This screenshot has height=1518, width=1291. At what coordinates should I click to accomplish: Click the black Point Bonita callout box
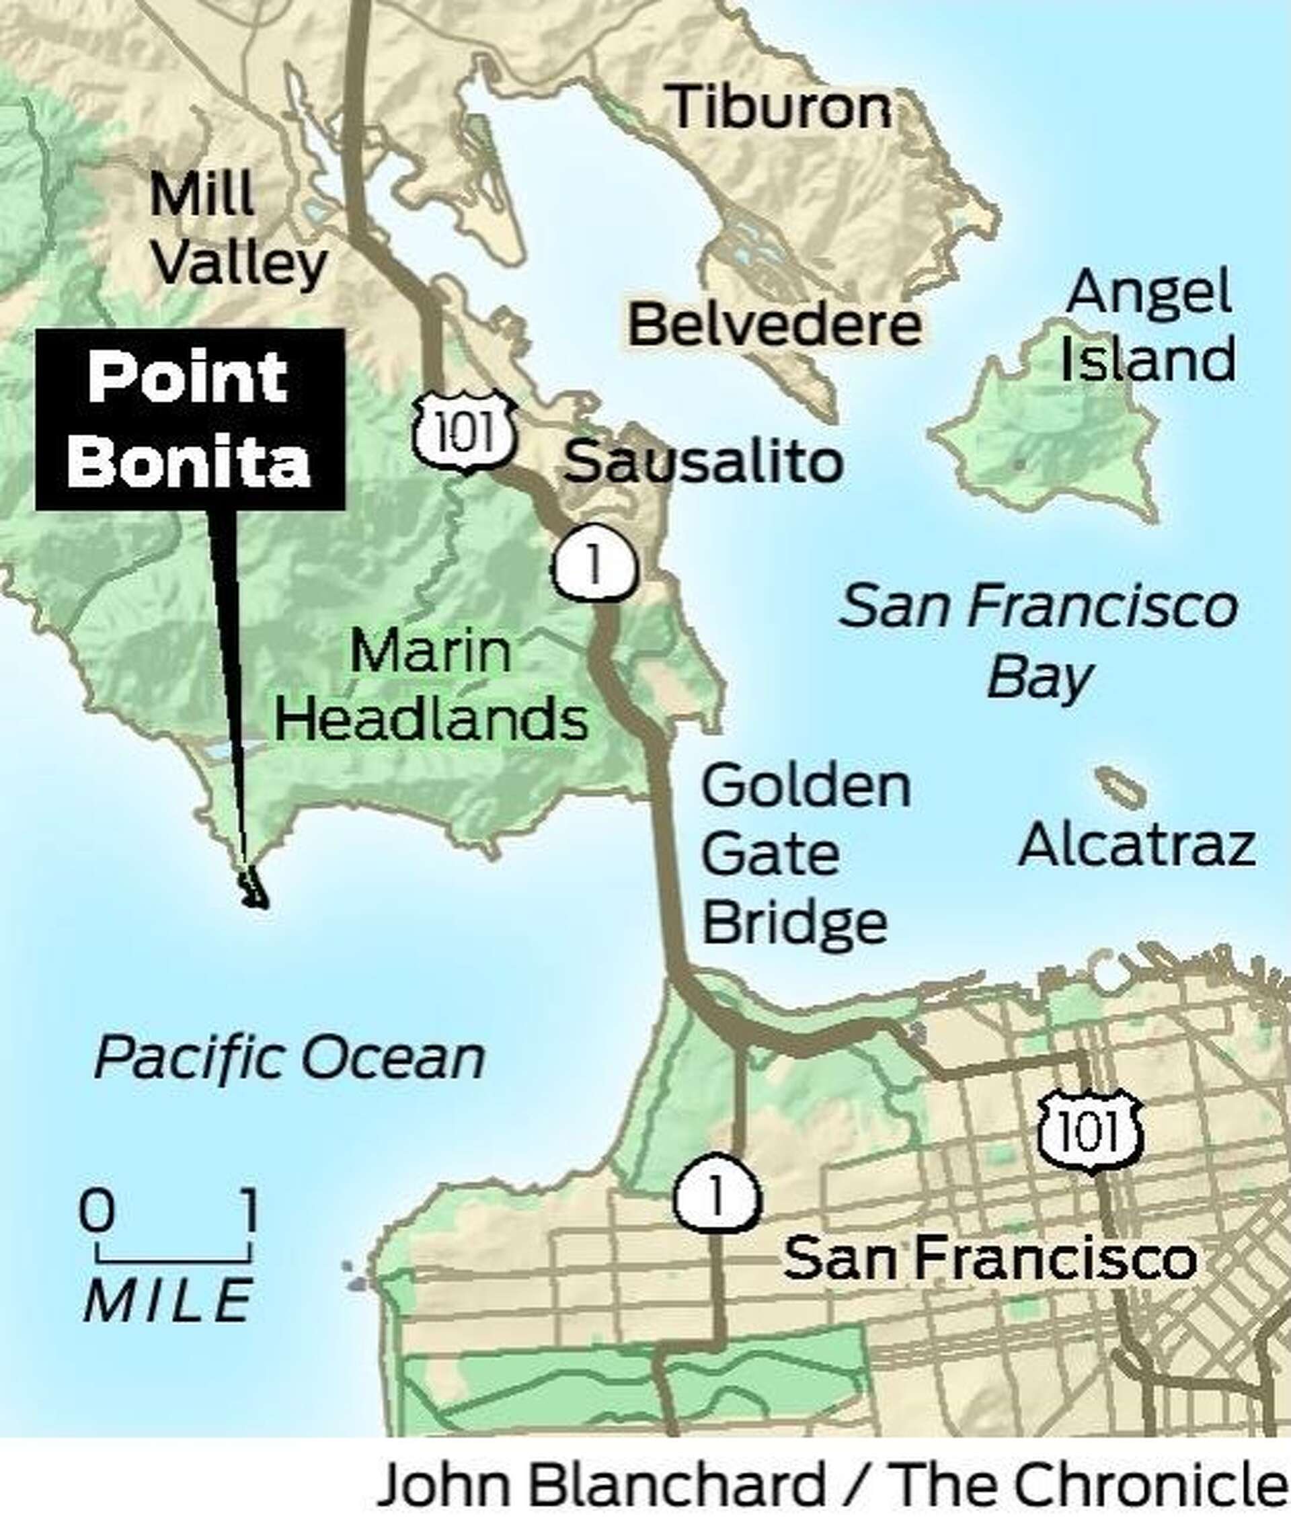coord(190,420)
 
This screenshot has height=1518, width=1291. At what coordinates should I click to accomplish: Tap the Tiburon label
coord(781,108)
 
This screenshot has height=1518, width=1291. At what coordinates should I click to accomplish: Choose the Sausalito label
coord(703,462)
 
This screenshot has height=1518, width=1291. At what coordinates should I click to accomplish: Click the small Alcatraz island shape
coord(1120,787)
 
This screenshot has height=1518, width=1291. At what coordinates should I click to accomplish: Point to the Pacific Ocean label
coord(290,1060)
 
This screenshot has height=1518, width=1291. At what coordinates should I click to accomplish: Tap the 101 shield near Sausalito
coord(465,432)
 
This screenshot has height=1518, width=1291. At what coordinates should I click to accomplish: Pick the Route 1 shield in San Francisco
coord(717,1194)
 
